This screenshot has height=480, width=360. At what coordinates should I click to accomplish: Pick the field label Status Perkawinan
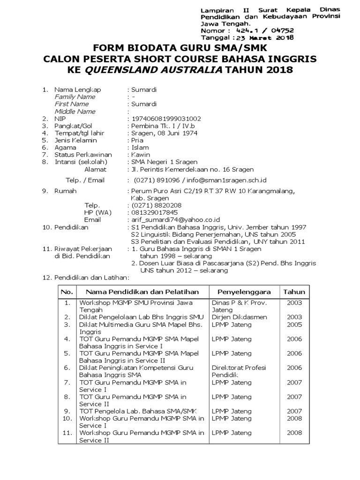tap(83, 155)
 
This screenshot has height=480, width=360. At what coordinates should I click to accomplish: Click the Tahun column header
tap(294, 292)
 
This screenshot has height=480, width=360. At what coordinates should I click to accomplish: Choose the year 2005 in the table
tap(294, 324)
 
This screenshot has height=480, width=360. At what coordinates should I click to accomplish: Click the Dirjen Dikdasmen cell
tap(239, 317)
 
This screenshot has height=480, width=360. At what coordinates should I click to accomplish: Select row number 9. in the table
tap(67, 411)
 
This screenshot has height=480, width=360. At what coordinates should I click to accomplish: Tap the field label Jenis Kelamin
tap(75, 140)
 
